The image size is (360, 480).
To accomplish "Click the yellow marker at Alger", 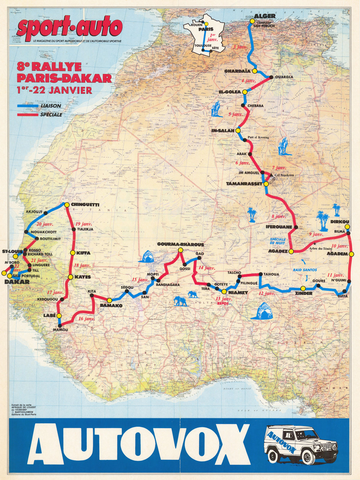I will point(252,21).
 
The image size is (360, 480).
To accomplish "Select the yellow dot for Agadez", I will point(291,251).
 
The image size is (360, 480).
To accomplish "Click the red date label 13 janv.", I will point(223,299).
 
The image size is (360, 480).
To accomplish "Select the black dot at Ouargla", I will point(271,77).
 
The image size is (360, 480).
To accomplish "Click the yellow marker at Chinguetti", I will point(67,205).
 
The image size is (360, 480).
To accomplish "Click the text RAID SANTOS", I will point(304,270).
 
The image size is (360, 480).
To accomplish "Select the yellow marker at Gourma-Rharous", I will point(180,250).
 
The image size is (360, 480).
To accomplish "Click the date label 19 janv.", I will point(83,224).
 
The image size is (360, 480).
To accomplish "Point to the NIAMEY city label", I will point(238,292).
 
